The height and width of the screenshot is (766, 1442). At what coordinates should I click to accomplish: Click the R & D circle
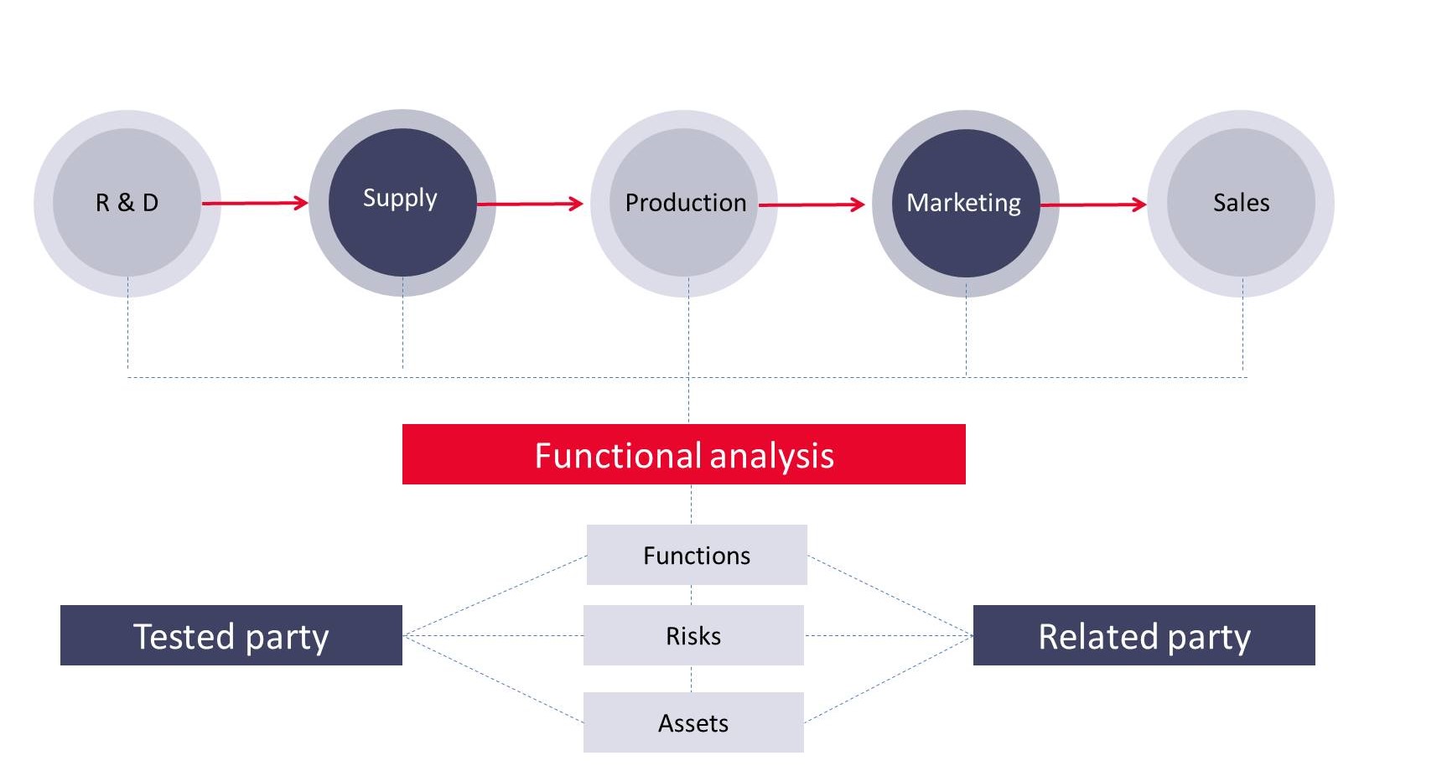pyautogui.click(x=127, y=203)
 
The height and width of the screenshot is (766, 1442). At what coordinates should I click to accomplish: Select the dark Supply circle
pyautogui.click(x=402, y=202)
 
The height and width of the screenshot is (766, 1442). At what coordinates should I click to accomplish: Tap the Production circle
pyautogui.click(x=684, y=203)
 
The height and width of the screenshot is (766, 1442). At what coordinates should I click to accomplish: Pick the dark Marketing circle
pyautogui.click(x=965, y=203)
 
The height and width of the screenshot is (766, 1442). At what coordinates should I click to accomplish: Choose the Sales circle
pyautogui.click(x=1241, y=203)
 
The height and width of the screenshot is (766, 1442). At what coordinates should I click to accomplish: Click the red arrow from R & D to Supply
pyautogui.click(x=255, y=203)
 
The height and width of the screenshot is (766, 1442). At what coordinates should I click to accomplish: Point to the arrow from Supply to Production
pyautogui.click(x=530, y=204)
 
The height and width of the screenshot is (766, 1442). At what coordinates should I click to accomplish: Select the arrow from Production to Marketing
pyautogui.click(x=812, y=204)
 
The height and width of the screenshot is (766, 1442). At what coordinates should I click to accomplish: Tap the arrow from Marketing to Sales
pyautogui.click(x=1093, y=204)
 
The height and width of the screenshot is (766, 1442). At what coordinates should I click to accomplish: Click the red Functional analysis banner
pyautogui.click(x=683, y=454)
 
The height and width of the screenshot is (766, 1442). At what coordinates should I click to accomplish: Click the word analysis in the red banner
pyautogui.click(x=771, y=456)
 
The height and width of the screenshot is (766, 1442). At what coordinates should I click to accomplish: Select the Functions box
pyautogui.click(x=696, y=555)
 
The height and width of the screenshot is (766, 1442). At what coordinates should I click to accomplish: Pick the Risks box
pyautogui.click(x=693, y=635)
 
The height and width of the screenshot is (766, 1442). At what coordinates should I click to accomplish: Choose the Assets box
pyautogui.click(x=693, y=722)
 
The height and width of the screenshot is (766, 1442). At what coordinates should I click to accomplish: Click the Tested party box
pyautogui.click(x=231, y=635)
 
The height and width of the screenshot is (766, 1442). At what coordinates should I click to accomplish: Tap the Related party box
pyautogui.click(x=1144, y=635)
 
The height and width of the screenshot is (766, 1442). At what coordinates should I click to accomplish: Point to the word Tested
pyautogui.click(x=184, y=636)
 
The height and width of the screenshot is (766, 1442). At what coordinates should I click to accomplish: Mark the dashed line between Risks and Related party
pyautogui.click(x=889, y=635)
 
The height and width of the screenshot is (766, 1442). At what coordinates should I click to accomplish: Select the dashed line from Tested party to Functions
pyautogui.click(x=495, y=596)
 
